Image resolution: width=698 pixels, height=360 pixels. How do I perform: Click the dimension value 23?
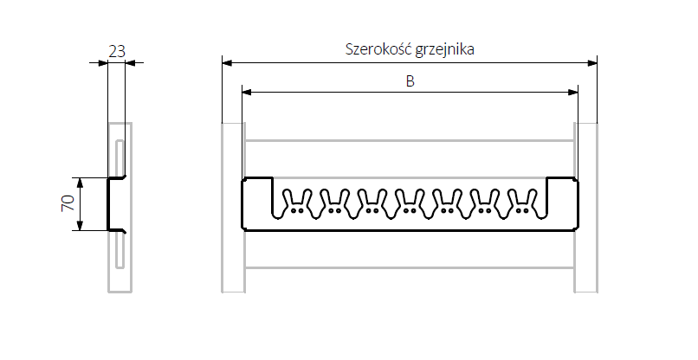pyautogui.click(x=116, y=50)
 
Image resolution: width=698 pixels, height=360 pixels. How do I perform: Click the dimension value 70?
pyautogui.click(x=67, y=204)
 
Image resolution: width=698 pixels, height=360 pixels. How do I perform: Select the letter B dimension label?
pyautogui.click(x=410, y=81)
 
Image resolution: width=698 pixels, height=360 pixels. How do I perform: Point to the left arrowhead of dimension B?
pyautogui.click(x=246, y=92)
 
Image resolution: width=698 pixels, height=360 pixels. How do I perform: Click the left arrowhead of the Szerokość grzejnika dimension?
pyautogui.click(x=226, y=61)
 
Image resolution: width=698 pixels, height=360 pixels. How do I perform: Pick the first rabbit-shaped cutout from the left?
pyautogui.click(x=297, y=201)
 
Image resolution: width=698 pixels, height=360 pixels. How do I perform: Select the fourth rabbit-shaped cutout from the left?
pyautogui.click(x=410, y=201)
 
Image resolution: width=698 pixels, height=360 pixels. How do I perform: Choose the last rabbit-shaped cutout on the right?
pyautogui.click(x=522, y=201)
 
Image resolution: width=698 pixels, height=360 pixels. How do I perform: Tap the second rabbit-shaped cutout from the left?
pyautogui.click(x=334, y=201)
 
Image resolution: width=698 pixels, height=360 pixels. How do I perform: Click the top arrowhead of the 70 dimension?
pyautogui.click(x=80, y=183)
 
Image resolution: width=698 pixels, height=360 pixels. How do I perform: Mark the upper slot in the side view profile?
pyautogui.click(x=119, y=157)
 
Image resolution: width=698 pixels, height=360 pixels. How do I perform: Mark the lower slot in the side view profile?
pyautogui.click(x=119, y=252)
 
